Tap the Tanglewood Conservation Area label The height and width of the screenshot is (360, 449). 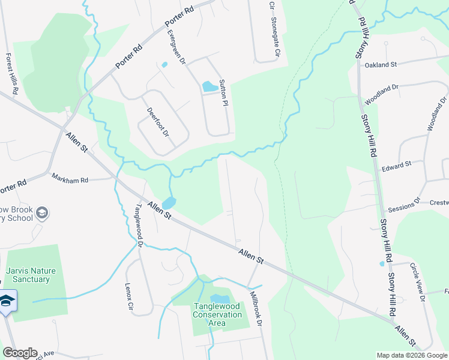click(x=217, y=315)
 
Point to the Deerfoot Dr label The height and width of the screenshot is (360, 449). click(x=157, y=122)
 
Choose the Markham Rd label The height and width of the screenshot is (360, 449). click(x=70, y=179)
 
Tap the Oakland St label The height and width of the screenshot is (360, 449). click(x=381, y=64)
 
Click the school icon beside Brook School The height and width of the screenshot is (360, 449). click(x=42, y=212)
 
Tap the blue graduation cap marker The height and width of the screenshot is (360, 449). click(x=7, y=301)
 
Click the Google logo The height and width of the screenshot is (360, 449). click(x=19, y=353)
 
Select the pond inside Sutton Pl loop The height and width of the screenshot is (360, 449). click(x=209, y=86)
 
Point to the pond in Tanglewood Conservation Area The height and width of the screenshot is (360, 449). click(x=220, y=299)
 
